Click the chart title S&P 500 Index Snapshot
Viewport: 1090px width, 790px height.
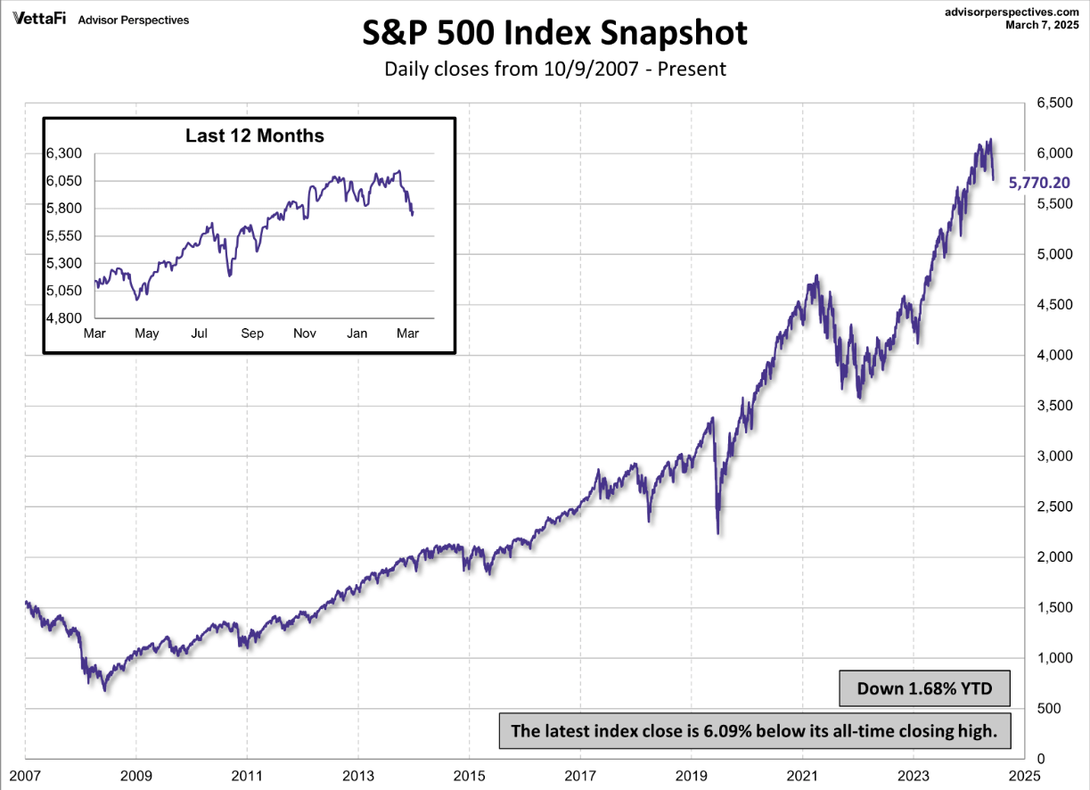pyautogui.click(x=554, y=34)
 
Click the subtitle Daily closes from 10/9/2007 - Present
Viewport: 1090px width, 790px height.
pyautogui.click(x=554, y=69)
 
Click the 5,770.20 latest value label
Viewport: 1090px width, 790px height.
pyautogui.click(x=1039, y=183)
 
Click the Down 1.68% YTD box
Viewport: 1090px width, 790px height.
pyautogui.click(x=923, y=688)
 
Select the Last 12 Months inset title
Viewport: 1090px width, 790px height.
pyautogui.click(x=254, y=136)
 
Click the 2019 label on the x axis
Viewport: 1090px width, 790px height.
pyautogui.click(x=692, y=774)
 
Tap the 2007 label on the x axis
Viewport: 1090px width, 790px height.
pyautogui.click(x=24, y=774)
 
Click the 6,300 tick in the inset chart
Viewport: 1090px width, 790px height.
pyautogui.click(x=63, y=153)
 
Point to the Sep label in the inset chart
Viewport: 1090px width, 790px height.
pyautogui.click(x=252, y=333)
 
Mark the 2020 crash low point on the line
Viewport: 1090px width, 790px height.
pyautogui.click(x=717, y=533)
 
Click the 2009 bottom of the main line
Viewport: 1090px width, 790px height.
pyautogui.click(x=105, y=690)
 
